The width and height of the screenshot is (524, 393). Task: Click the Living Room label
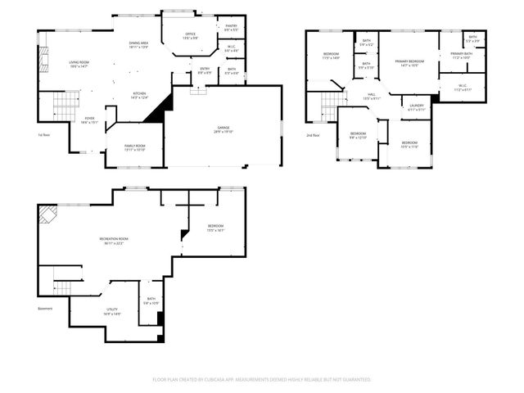pyautogui.click(x=79, y=64)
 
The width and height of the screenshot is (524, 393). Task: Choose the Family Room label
pyautogui.click(x=134, y=147)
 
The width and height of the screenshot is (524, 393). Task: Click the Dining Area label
pyautogui.click(x=138, y=44)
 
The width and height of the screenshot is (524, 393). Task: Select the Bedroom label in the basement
pyautogui.click(x=215, y=228)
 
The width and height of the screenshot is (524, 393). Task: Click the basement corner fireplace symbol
pyautogui.click(x=47, y=215)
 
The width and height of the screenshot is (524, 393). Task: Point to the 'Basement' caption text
pyautogui.click(x=45, y=309)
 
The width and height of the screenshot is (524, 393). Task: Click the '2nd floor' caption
pyautogui.click(x=313, y=135)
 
